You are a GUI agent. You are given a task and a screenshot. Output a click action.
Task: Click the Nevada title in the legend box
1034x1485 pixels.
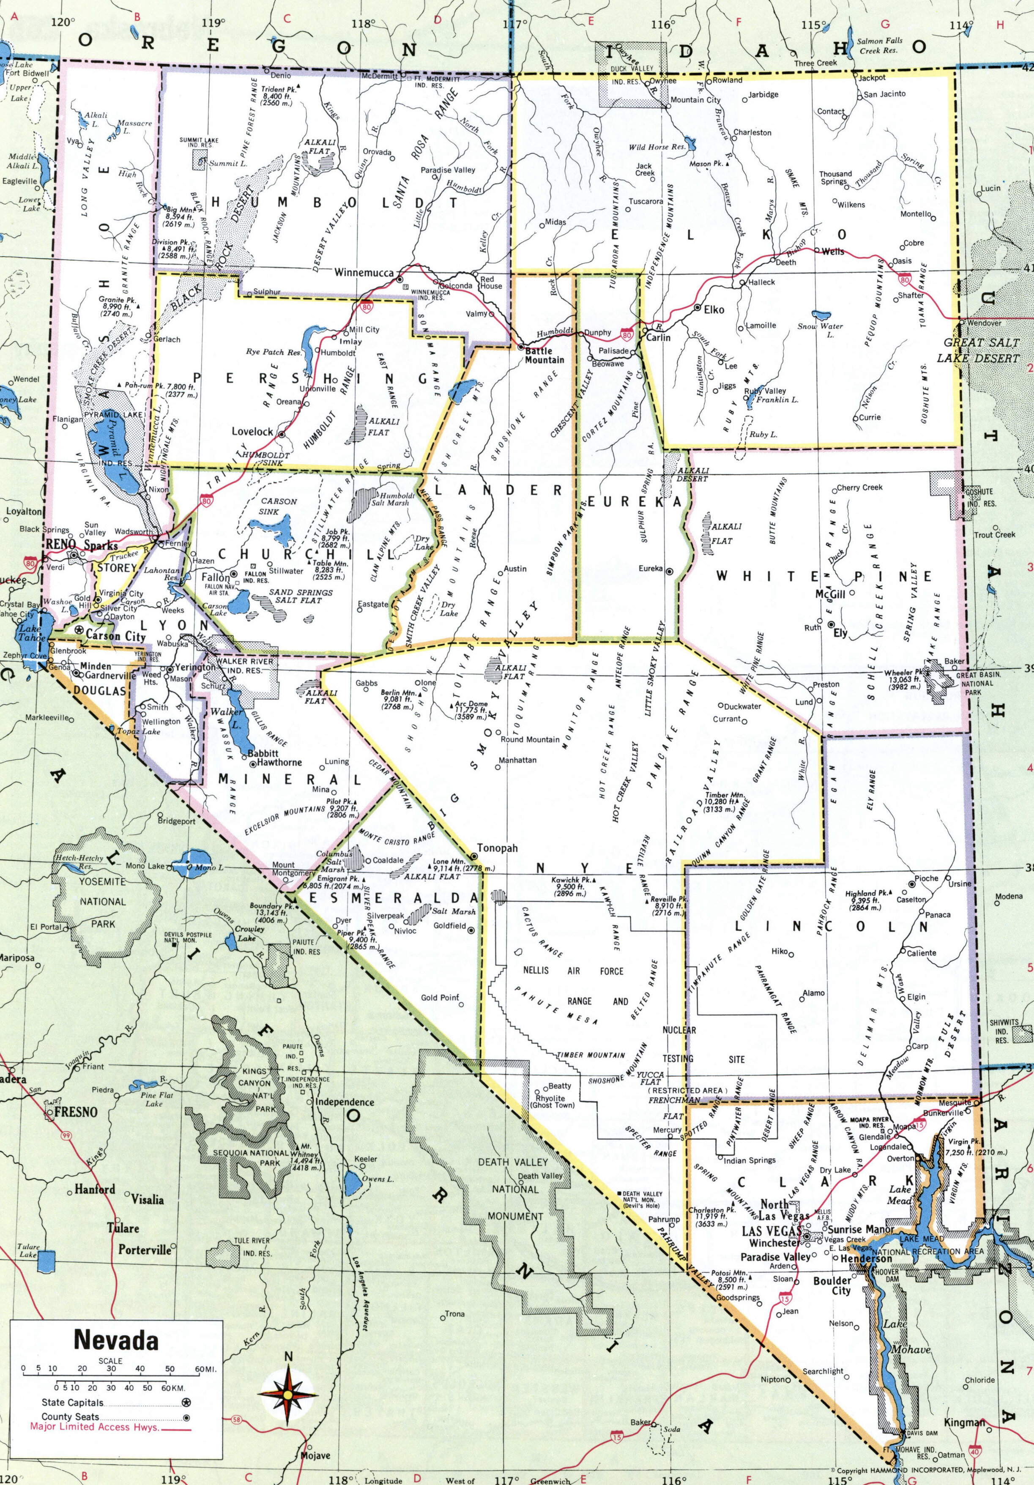[116, 1340]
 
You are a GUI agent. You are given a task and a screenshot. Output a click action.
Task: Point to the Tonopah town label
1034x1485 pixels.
[497, 848]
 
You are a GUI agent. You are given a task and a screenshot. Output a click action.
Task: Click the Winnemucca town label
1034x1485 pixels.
[364, 273]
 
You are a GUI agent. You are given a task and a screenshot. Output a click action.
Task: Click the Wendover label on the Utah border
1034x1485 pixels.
[984, 323]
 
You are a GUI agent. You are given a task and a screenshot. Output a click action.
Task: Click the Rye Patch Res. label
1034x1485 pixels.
[274, 353]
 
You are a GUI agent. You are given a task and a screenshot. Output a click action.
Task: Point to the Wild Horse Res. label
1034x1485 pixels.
[657, 147]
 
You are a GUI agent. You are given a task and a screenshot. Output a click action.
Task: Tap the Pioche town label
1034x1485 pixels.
[926, 879]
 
